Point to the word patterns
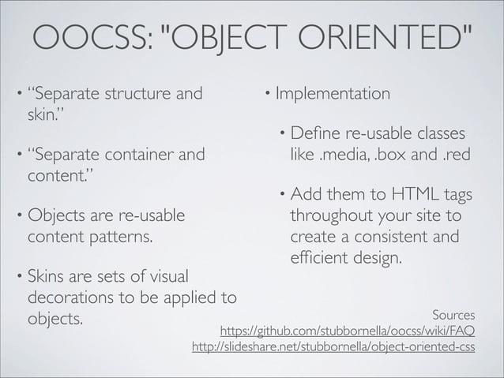coord(122,235)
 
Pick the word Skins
coord(48,279)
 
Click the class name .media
coord(341,154)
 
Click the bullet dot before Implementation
coord(269,95)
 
